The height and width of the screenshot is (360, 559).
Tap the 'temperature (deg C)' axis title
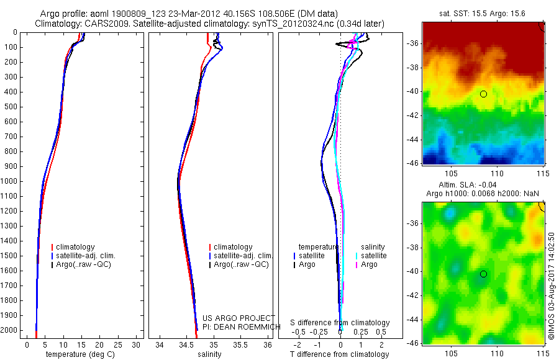pos(78,354)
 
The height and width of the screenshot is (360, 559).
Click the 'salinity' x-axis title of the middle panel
pos(209,354)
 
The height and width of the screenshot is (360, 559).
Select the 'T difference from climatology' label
pos(339,354)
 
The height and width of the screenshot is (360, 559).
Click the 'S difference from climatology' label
pos(340,323)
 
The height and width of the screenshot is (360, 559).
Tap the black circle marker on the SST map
pos(483,94)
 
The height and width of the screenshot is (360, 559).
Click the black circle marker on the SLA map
pos(483,274)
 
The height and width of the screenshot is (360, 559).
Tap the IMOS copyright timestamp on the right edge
pos(551,286)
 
